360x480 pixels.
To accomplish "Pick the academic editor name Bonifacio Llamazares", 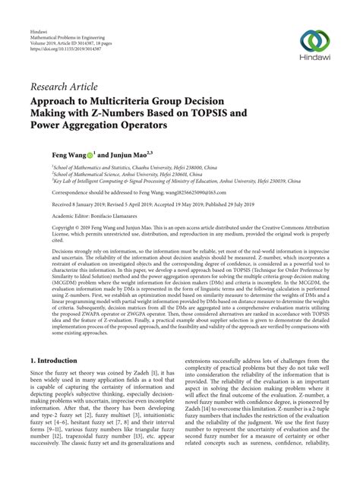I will (x=123, y=216).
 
